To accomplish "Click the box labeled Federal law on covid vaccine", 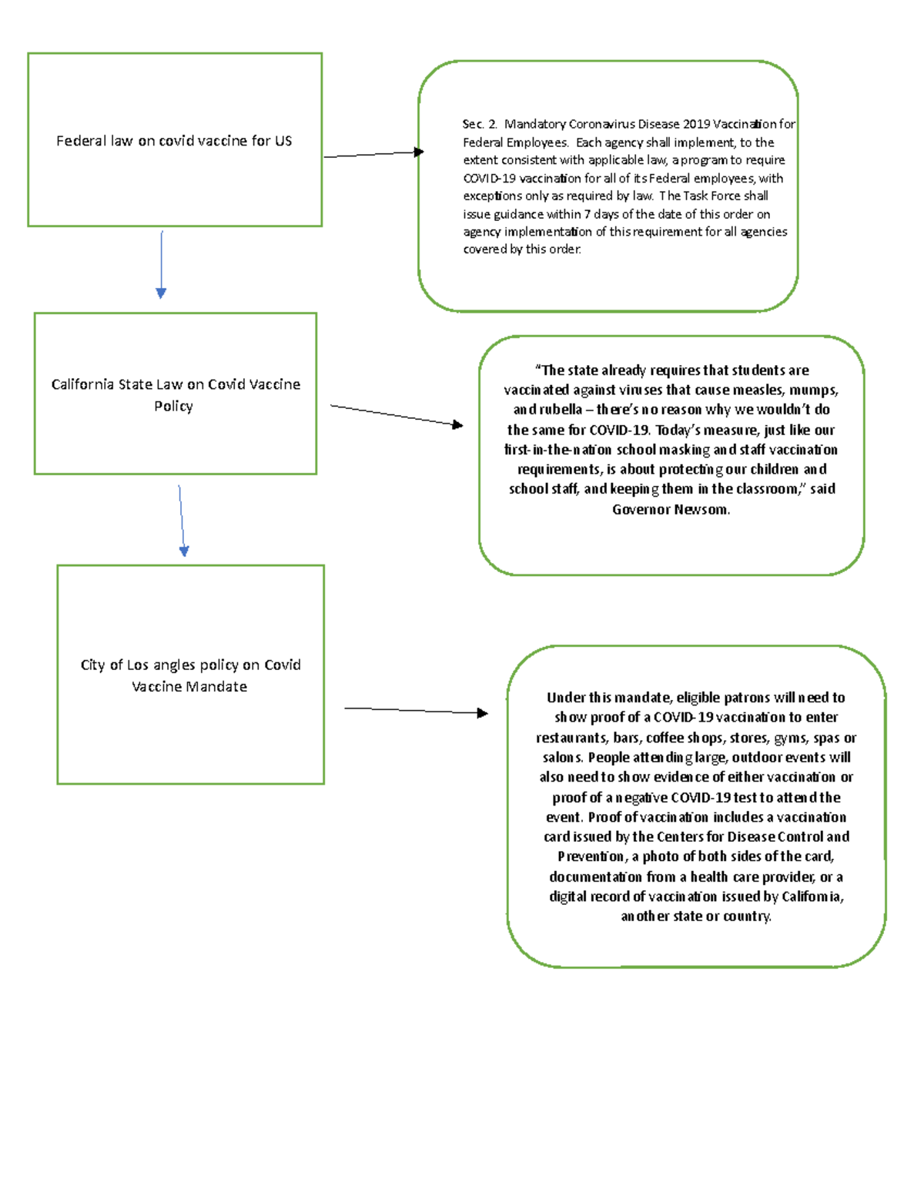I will pos(175,140).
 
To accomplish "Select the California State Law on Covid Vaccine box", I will pos(176,394).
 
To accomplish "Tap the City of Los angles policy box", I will pos(190,675).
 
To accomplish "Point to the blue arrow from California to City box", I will pos(182,521).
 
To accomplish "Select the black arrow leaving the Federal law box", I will pos(373,154).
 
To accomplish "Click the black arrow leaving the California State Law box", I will pos(396,415).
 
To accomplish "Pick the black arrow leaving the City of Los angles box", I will pos(416,710).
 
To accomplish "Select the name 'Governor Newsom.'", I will pos(671,509).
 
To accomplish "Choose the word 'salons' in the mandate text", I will pos(562,757).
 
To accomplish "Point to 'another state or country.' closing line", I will pos(696,916).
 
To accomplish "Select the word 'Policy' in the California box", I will pos(173,406).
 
